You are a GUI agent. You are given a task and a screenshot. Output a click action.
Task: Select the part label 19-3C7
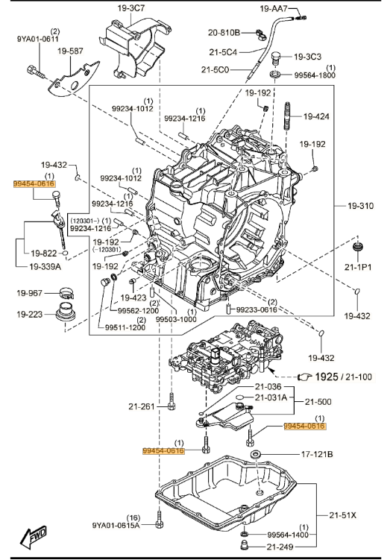[131, 8]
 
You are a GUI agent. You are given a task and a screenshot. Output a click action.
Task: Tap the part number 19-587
[70, 51]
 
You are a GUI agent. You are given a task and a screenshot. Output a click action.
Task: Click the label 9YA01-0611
[38, 39]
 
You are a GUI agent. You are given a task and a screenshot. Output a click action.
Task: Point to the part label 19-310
[361, 206]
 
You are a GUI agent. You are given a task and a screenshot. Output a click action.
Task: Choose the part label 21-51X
[342, 515]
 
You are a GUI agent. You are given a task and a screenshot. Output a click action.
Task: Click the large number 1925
[327, 377]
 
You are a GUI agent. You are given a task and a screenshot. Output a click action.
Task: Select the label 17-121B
[317, 454]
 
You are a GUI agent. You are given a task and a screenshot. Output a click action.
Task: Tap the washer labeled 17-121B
[256, 455]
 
